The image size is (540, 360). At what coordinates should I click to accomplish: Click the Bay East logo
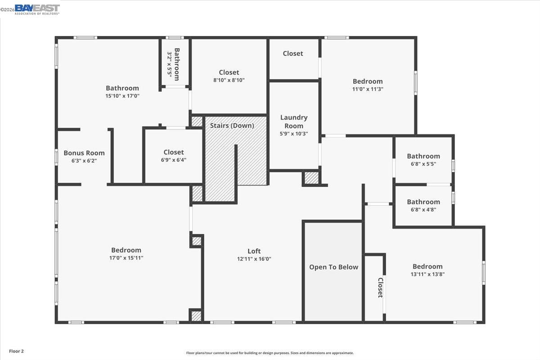(37, 9)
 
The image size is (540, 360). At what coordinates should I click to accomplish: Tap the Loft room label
(254, 251)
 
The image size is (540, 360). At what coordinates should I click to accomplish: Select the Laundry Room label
(294, 121)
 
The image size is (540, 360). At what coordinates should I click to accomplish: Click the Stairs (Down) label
(232, 126)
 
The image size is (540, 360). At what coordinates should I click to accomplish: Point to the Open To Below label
(333, 267)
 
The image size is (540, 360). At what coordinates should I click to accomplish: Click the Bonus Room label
(84, 153)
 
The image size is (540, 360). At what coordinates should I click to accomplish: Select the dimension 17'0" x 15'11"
(126, 258)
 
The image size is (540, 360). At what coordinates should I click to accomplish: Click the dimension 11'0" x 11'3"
(368, 89)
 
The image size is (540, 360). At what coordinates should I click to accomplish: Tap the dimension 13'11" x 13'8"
(427, 274)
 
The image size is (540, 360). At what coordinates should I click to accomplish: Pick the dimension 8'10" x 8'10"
(229, 80)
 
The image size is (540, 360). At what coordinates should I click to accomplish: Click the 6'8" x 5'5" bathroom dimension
(423, 164)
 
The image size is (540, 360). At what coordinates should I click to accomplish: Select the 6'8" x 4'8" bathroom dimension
(423, 209)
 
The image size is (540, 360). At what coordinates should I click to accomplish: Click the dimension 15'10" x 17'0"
(122, 96)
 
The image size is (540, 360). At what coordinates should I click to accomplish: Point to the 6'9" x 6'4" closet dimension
(174, 160)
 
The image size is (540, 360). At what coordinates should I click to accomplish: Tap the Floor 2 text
(16, 351)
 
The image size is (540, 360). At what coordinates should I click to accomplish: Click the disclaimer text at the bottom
(270, 353)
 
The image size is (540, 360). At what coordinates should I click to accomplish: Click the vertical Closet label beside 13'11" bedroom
(380, 288)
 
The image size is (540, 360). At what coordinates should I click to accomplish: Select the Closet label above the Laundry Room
(293, 54)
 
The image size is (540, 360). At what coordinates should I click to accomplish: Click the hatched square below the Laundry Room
(311, 178)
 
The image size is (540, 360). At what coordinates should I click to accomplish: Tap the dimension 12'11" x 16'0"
(254, 259)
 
